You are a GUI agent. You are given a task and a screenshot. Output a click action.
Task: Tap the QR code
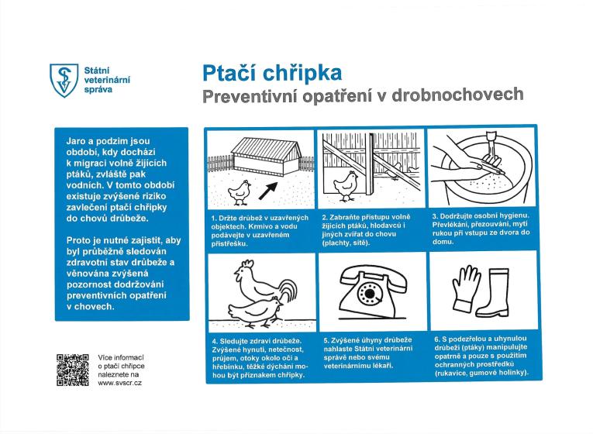tap(73, 370)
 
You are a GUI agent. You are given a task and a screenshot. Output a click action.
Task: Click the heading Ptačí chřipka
tap(271, 74)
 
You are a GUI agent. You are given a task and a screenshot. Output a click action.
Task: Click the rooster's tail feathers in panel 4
tap(287, 293)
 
